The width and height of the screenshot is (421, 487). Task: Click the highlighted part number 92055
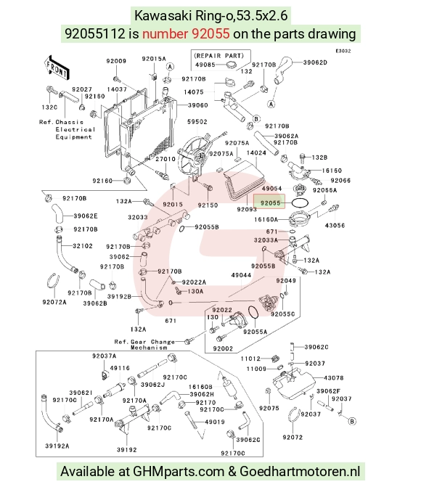click(270, 202)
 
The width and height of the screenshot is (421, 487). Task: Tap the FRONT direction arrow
click(56, 67)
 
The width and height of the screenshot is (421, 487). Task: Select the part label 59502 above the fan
click(197, 122)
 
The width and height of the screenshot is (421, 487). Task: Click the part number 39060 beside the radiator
click(198, 105)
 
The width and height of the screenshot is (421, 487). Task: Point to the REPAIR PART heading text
click(219, 56)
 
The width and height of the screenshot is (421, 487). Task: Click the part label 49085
click(205, 65)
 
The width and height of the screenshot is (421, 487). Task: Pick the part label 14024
click(256, 153)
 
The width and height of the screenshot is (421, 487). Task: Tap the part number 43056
click(335, 226)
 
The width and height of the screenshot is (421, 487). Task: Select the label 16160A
click(266, 220)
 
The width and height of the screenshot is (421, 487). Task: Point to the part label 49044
click(241, 275)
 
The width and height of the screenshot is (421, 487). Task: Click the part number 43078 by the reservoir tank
click(334, 378)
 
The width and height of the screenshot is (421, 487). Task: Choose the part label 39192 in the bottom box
click(127, 449)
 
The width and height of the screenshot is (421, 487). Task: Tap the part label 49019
click(215, 422)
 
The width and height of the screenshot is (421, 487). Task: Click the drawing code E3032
click(343, 51)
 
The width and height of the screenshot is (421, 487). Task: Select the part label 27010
click(165, 159)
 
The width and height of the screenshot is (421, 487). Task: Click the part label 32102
click(83, 246)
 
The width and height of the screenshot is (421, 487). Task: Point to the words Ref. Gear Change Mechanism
click(144, 345)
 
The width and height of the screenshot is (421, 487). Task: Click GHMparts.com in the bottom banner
click(179, 472)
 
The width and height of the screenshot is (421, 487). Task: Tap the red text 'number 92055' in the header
click(186, 33)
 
